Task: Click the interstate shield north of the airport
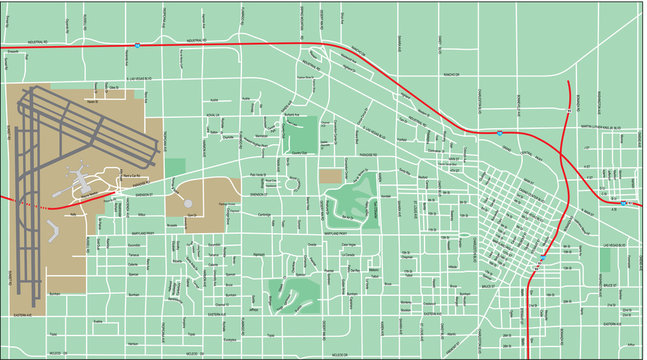click(136, 45)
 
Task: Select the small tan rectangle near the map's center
click(330, 176)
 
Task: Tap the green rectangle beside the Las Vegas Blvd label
click(604, 260)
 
